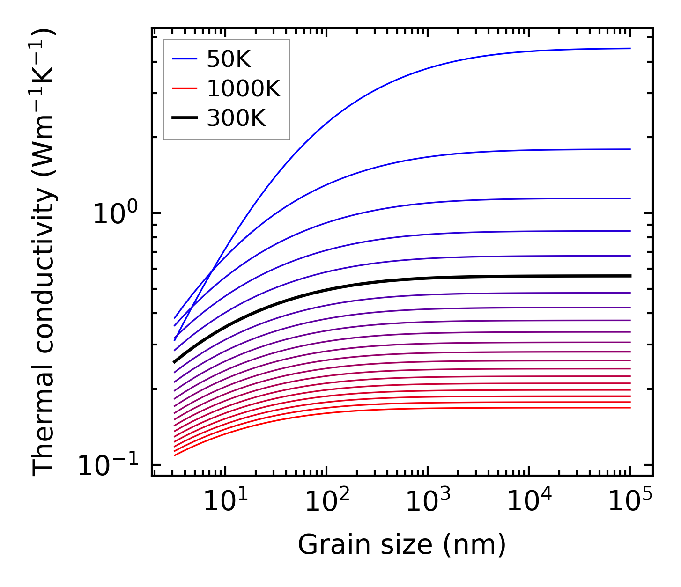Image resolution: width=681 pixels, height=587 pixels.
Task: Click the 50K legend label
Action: [x=229, y=59]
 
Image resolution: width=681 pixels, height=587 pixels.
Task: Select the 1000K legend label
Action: [x=244, y=88]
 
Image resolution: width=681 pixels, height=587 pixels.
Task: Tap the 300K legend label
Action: [x=236, y=118]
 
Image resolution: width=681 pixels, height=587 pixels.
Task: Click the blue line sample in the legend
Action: [x=185, y=59]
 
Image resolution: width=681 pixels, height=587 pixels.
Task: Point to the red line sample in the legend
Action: [x=185, y=88]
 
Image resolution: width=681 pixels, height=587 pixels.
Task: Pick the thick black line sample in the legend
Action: [x=185, y=118]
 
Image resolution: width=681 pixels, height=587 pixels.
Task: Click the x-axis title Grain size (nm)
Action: [x=402, y=545]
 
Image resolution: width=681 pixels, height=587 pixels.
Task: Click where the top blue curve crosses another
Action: [x=213, y=271]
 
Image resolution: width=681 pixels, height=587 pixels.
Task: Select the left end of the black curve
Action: [x=174, y=362]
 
